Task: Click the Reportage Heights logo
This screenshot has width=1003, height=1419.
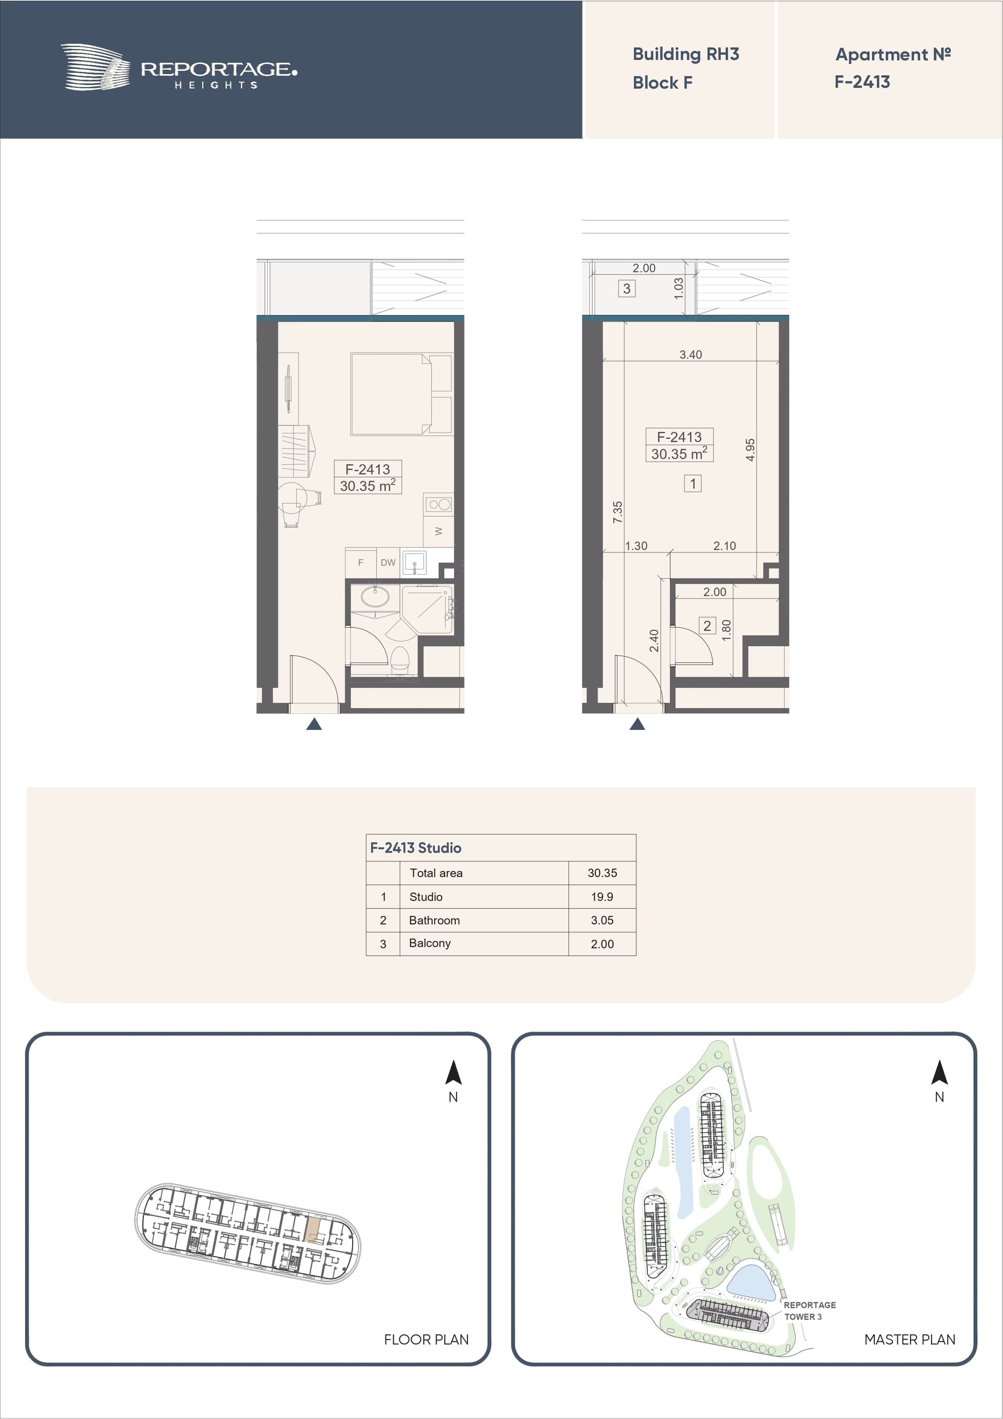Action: point(179,67)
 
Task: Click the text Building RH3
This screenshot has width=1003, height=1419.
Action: point(685,54)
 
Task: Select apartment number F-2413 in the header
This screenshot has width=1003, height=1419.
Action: point(862,82)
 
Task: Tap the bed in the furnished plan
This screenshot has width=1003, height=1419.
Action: point(401,394)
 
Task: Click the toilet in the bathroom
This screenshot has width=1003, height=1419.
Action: point(400,659)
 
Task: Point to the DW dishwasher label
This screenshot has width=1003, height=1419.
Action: point(388,562)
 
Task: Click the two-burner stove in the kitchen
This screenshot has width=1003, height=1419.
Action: point(439,504)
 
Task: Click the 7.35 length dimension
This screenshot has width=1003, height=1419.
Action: point(617,513)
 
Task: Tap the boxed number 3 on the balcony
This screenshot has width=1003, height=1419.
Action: point(627,288)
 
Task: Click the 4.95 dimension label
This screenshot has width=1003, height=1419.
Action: point(750,449)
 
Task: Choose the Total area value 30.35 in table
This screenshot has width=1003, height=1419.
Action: point(602,873)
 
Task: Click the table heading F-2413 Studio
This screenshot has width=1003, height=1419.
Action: point(415,848)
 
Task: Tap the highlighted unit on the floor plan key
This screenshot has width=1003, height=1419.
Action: point(314,1229)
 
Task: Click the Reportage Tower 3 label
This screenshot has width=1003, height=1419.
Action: point(809,1311)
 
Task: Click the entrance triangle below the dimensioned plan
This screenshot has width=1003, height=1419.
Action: point(637,724)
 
